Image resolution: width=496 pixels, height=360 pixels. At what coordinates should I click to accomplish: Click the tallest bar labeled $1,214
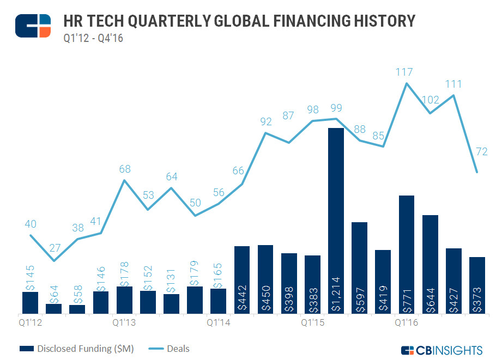[x=336, y=221]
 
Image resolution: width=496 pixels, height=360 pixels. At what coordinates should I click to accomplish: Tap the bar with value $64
[x=53, y=308]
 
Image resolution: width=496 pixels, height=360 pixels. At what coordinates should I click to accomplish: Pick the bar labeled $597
[x=359, y=267]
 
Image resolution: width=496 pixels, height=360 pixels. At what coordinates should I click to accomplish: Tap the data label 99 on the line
[x=336, y=107]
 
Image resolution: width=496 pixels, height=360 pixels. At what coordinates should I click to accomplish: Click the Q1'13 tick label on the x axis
[x=124, y=322]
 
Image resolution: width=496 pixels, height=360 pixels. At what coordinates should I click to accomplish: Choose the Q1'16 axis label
[x=407, y=322]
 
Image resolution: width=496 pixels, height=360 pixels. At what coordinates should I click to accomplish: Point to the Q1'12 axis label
[x=29, y=322]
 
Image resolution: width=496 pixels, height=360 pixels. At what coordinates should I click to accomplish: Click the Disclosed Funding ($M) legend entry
[x=76, y=348]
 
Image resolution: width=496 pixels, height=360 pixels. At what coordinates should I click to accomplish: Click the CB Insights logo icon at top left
[x=33, y=25]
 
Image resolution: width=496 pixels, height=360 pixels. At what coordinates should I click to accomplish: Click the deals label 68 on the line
[x=124, y=169]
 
